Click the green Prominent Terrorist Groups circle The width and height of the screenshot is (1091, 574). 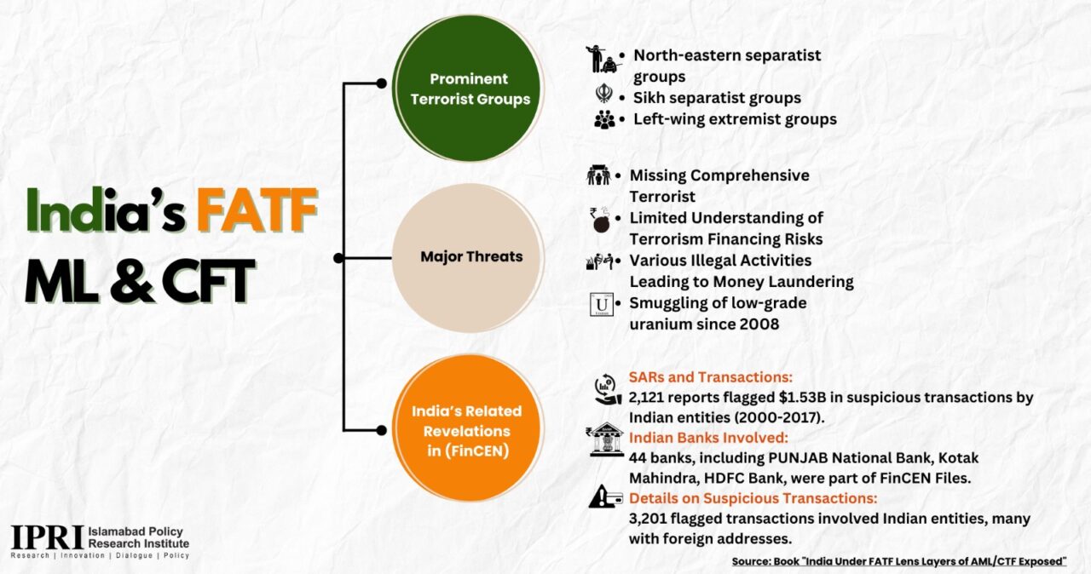coord(468,89)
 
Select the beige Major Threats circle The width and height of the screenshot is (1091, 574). coord(468,258)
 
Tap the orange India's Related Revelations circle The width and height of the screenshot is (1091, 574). coord(468,429)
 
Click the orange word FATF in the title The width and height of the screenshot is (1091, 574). coord(257,210)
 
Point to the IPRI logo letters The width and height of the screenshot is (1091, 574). coord(47,537)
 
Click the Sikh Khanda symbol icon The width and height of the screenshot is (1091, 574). coord(604,94)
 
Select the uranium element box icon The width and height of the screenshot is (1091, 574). coord(602,305)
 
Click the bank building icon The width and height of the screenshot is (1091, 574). coord(605,439)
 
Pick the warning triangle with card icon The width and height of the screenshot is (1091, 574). coord(605,497)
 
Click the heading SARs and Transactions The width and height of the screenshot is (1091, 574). coord(711,377)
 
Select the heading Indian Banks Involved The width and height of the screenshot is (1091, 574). coord(708,438)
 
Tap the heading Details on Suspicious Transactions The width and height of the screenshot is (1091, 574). coord(753,498)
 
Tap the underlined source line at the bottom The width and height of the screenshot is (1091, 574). coord(899,561)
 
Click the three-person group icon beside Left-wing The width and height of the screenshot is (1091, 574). coord(604,120)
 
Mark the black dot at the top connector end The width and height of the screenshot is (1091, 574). coord(381,83)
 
